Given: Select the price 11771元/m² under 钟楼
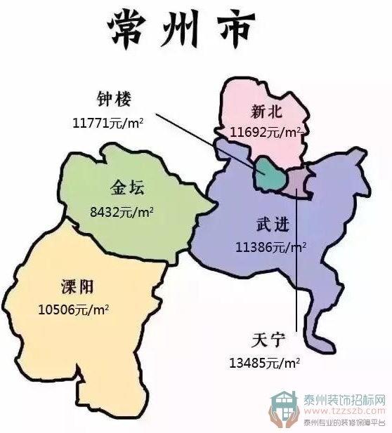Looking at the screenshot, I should pyautogui.click(x=108, y=123).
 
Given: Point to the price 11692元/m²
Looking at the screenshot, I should pyautogui.click(x=265, y=131).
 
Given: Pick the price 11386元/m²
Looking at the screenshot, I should pyautogui.click(x=271, y=247).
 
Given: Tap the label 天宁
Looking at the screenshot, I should pyautogui.click(x=266, y=340).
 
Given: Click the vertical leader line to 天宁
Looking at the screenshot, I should pyautogui.click(x=297, y=267).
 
